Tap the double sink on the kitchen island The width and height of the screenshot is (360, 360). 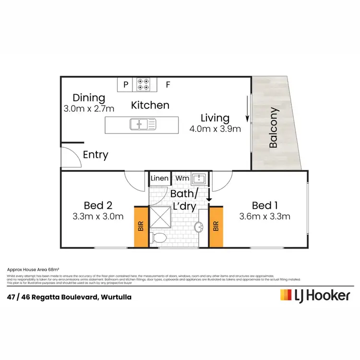click(142, 125)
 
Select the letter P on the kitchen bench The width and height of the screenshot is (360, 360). click(126, 85)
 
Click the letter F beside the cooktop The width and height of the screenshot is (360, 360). click(168, 85)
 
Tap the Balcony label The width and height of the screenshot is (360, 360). click(274, 128)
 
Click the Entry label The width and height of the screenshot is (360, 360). click(96, 155)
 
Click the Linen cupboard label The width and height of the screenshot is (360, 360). click(159, 179)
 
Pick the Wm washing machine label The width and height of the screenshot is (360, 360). click(181, 179)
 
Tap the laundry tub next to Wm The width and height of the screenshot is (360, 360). click(199, 179)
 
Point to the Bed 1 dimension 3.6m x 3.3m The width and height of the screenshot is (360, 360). click(264, 216)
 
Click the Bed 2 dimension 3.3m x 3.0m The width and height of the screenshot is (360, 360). click(97, 216)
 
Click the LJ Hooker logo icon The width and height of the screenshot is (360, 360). click(286, 295)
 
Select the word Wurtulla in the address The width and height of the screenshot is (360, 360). click(116, 297)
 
